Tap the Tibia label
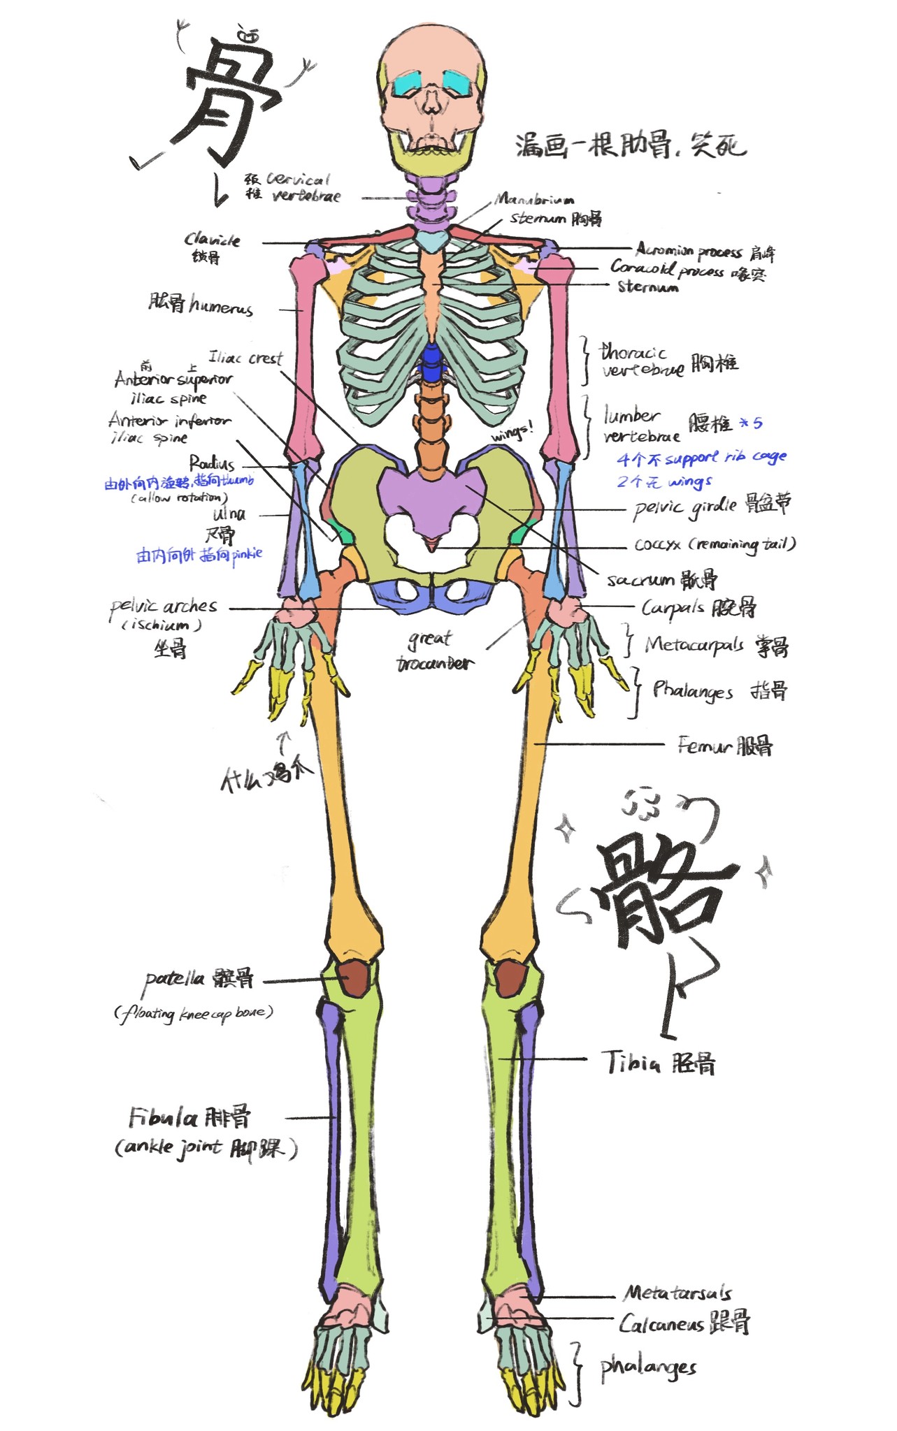[x=632, y=1062]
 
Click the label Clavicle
[x=212, y=240]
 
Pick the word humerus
[x=220, y=306]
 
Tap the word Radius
[x=212, y=463]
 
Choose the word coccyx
[x=657, y=544]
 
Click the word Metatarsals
[x=677, y=1293]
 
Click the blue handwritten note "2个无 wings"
[x=663, y=481]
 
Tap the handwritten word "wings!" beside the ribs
[x=512, y=433]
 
